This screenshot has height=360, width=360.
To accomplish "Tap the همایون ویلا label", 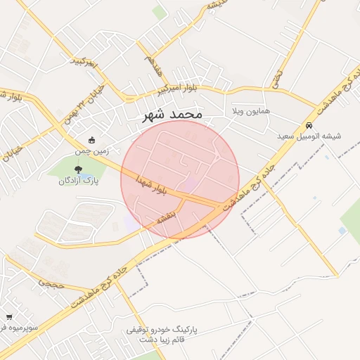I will pos(251,112).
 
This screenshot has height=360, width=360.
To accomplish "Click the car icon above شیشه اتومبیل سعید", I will pos(309,125).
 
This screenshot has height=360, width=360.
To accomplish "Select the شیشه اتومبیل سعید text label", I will pos(309,136).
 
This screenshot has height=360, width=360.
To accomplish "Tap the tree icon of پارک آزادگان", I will pos(77,169).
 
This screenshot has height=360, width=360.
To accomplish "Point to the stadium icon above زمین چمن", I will pos(91,139).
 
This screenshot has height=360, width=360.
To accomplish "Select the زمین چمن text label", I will pos(91,150).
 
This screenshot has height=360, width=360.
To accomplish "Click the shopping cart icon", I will pos(8,317).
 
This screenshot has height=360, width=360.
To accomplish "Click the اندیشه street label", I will pos(217,6).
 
